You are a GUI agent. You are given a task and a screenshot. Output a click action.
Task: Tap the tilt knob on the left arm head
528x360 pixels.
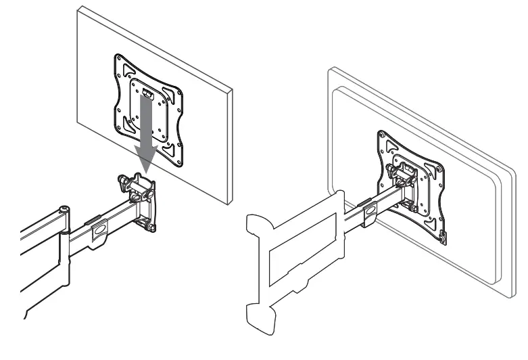click(x=124, y=181)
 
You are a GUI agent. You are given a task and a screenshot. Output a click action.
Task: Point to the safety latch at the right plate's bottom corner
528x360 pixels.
click(x=442, y=236)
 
